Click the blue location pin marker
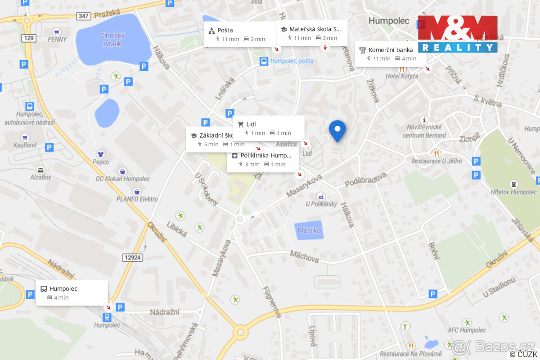coord(337,130)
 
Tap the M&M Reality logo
coord(458,34)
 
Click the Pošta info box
coord(239,34)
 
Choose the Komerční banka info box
coord(391,54)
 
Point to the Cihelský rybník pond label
coord(113,40)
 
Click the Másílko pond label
coord(309,230)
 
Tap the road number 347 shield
coord(83,15)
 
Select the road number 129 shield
coord(29,38)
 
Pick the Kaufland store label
coord(25,145)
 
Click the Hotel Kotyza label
coord(401,76)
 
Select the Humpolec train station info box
coord(72,292)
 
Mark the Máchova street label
coord(304,257)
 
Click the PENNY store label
coord(57,39)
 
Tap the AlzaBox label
coord(40,177)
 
